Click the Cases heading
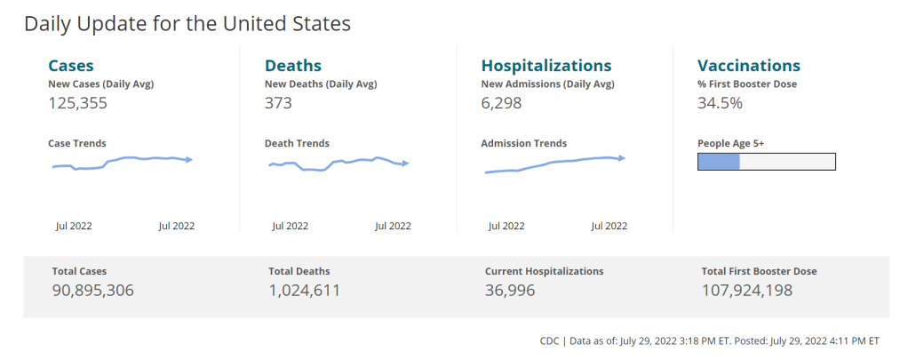pyautogui.click(x=70, y=66)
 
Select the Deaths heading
pyautogui.click(x=293, y=66)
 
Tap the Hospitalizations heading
pyautogui.click(x=546, y=66)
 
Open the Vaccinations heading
pyautogui.click(x=749, y=66)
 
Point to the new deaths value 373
pyautogui.click(x=278, y=102)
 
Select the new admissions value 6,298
pyautogui.click(x=501, y=102)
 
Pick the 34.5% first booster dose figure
pyautogui.click(x=720, y=102)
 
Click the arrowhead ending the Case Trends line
pyautogui.click(x=189, y=160)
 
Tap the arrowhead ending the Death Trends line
pyautogui.click(x=405, y=164)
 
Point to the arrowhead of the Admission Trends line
pyautogui.click(x=622, y=157)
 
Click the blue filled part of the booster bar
pyautogui.click(x=719, y=161)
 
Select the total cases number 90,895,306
pyautogui.click(x=92, y=290)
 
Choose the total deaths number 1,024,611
pyautogui.click(x=304, y=290)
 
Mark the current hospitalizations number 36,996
pyautogui.click(x=510, y=290)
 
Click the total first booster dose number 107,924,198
pyautogui.click(x=746, y=290)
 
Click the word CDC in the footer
pyautogui.click(x=550, y=341)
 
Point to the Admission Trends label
pyautogui.click(x=523, y=143)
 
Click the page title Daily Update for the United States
pyautogui.click(x=187, y=24)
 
